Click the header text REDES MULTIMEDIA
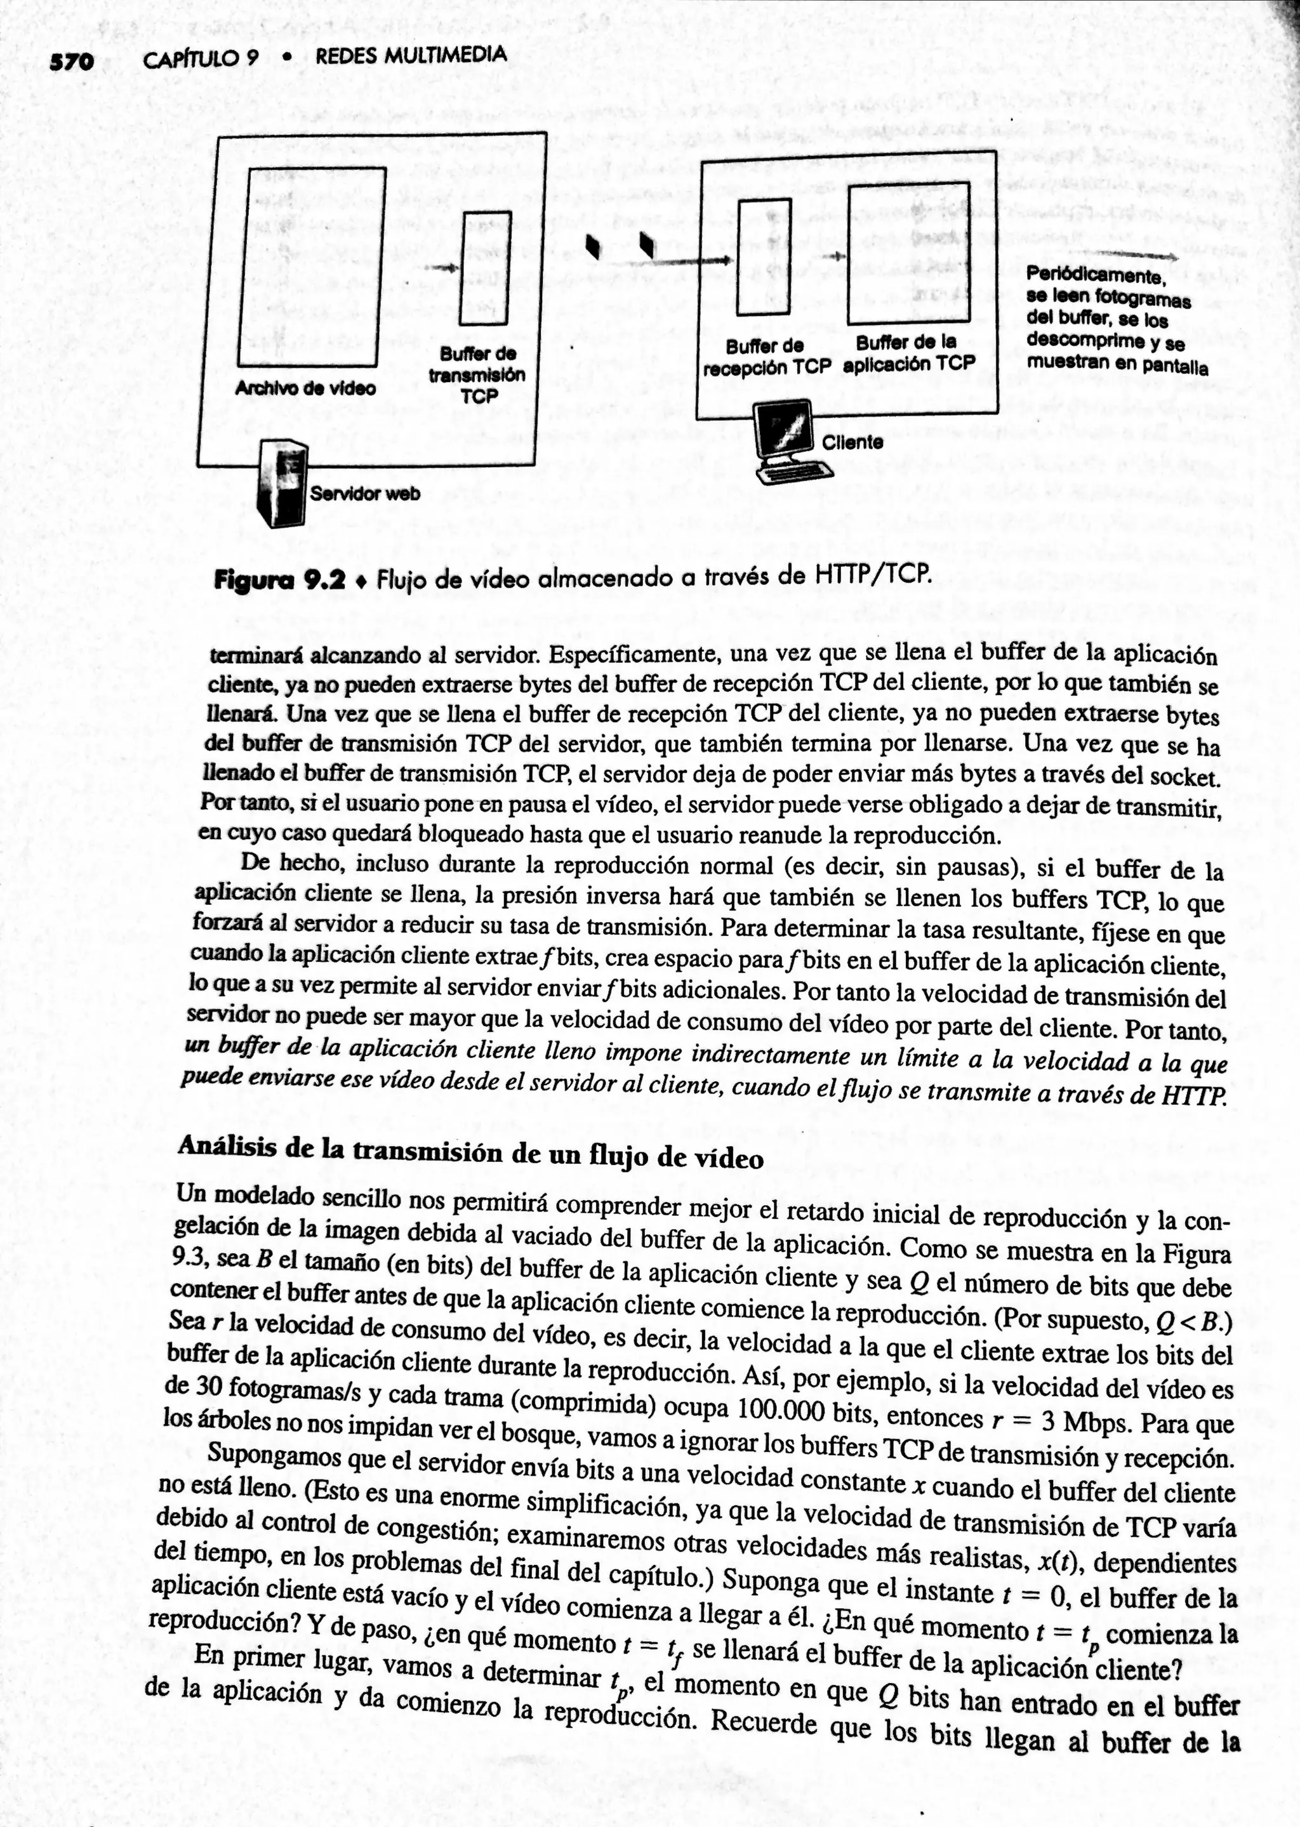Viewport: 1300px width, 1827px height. pyautogui.click(x=410, y=55)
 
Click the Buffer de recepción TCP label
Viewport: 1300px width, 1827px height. pyautogui.click(x=766, y=357)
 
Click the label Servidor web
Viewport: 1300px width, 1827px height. pyautogui.click(x=365, y=494)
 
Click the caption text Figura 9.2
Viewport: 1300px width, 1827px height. pyautogui.click(x=279, y=579)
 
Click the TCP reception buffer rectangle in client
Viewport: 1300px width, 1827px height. pyautogui.click(x=763, y=257)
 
